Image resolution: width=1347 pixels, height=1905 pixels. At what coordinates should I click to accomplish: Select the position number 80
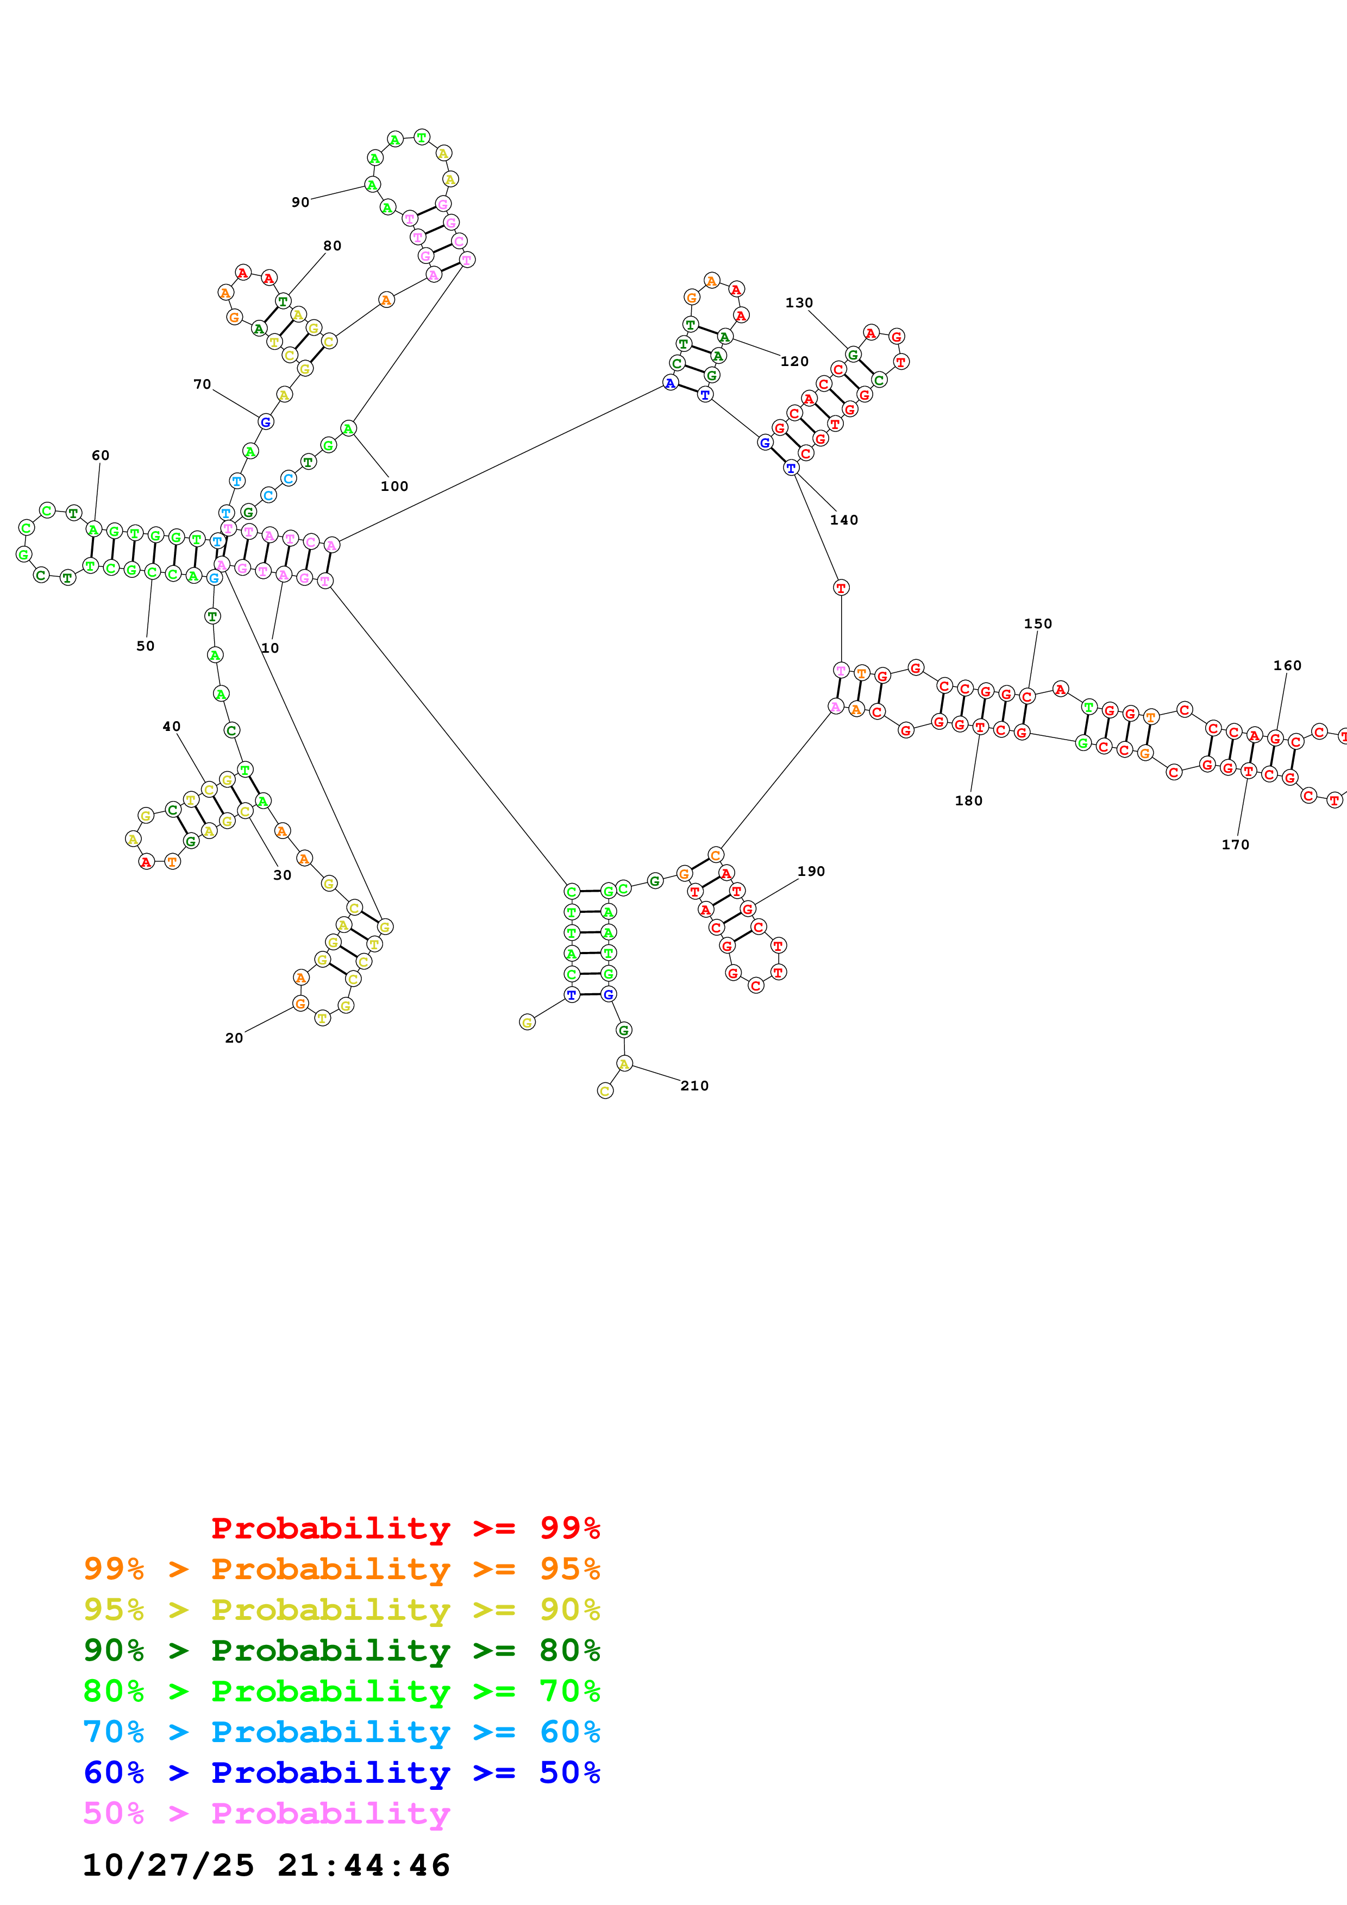point(332,245)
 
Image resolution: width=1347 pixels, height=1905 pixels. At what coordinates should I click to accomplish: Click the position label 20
point(234,1038)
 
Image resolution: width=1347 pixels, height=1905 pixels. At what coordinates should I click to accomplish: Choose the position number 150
point(1037,624)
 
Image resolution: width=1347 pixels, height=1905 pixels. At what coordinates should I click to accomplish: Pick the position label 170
point(1235,844)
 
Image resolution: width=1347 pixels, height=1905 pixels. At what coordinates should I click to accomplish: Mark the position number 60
point(101,456)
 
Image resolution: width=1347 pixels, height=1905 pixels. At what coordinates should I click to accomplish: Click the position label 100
point(394,486)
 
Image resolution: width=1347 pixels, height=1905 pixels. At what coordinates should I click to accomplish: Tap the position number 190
point(811,871)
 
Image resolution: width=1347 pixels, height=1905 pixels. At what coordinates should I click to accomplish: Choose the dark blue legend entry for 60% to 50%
point(341,1772)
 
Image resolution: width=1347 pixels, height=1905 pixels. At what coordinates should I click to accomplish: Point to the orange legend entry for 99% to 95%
point(341,1569)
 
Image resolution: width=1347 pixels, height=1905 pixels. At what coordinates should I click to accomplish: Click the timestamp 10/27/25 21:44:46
point(266,1865)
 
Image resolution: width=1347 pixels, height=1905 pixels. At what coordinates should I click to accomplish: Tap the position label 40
point(171,727)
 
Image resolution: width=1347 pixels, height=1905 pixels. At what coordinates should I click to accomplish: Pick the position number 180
point(968,800)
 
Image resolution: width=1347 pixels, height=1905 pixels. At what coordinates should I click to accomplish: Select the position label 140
point(843,520)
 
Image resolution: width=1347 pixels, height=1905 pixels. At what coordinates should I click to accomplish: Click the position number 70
point(202,384)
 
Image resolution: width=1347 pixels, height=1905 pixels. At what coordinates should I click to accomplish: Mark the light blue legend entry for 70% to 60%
point(341,1732)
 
